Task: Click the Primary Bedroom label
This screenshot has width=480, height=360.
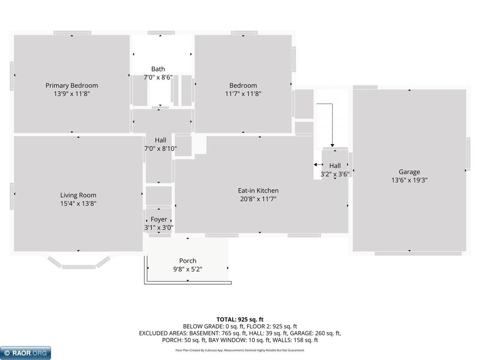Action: click(x=72, y=85)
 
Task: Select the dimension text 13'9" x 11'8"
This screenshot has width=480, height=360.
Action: click(x=72, y=94)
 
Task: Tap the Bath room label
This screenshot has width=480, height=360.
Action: click(x=158, y=69)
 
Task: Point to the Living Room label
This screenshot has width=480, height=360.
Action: click(x=78, y=195)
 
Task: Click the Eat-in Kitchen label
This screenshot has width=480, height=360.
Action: click(x=258, y=190)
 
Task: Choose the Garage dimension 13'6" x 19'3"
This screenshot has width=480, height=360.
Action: click(x=409, y=180)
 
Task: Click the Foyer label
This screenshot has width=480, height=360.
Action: click(x=159, y=219)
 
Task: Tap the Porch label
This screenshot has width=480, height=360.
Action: click(x=187, y=261)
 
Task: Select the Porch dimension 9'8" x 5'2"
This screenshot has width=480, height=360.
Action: click(x=187, y=269)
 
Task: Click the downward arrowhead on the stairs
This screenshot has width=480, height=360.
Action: click(x=332, y=145)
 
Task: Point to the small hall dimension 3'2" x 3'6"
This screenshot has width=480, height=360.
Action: click(x=334, y=174)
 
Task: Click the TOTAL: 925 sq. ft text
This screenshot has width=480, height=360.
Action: click(x=240, y=319)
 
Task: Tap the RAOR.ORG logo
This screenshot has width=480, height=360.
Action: click(x=25, y=353)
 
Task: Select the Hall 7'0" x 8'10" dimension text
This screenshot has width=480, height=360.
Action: click(x=160, y=148)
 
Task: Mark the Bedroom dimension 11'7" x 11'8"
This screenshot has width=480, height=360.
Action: click(x=243, y=94)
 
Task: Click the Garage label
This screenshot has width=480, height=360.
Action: click(x=409, y=172)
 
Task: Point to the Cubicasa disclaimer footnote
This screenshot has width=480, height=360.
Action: click(x=240, y=350)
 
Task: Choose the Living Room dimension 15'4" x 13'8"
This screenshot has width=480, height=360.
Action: click(x=78, y=203)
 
